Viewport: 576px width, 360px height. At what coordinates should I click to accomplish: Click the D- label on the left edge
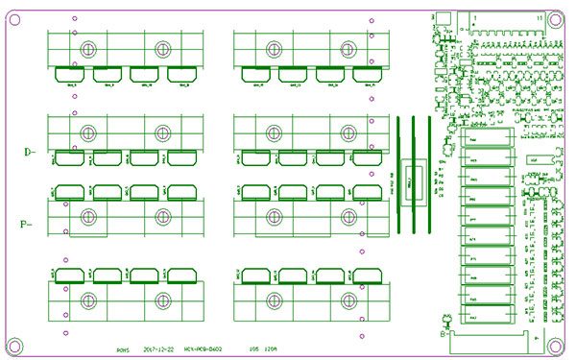[x=29, y=151]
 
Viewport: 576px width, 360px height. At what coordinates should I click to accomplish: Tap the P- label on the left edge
[x=27, y=225]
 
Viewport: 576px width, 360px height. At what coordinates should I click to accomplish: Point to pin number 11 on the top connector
[x=541, y=18]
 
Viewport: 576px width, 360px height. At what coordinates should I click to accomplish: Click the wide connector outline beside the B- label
[x=490, y=336]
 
